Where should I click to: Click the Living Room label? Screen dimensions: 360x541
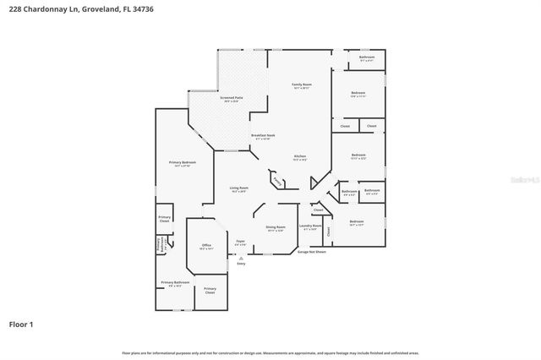(239, 188)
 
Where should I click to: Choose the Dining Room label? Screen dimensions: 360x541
(276, 227)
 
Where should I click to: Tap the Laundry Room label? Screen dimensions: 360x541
(312, 226)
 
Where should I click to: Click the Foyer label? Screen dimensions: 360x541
(240, 243)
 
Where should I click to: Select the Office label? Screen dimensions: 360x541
(205, 246)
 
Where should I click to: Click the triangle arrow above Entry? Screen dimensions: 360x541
(240, 259)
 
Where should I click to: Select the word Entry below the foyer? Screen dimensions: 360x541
(241, 264)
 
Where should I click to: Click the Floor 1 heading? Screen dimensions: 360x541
(21, 324)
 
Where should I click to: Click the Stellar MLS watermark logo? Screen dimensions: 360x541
(523, 179)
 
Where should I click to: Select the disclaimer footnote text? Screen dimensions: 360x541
(270, 352)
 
